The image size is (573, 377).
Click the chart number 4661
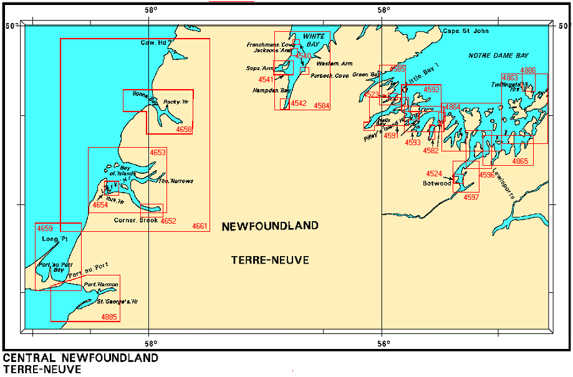pos(200,226)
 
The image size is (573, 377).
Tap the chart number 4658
pos(184,130)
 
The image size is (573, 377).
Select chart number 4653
pos(158,153)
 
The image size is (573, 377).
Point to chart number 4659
pos(45,228)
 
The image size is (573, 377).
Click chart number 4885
pos(109,317)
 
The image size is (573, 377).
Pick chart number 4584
pos(322,106)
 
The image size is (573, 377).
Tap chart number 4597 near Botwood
pos(471,198)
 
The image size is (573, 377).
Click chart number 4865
pos(520,161)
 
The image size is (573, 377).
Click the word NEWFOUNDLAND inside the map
pos(270,226)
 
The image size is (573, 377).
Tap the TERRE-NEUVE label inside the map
pos(270,260)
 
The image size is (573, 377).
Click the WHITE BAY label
pos(315,41)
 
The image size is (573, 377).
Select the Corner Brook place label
pos(136,221)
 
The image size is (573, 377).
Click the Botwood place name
pos(436,184)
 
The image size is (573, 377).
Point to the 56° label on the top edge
pos(383,11)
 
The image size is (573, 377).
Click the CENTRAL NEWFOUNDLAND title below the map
pos(80,358)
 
